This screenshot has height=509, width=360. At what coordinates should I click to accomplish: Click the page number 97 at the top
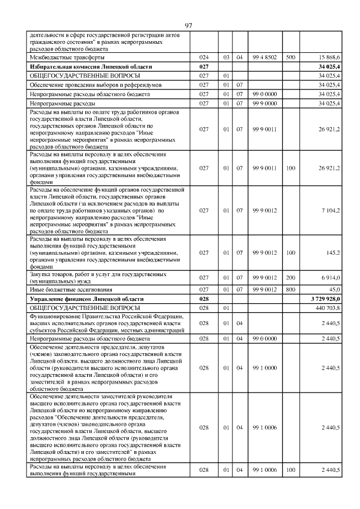pyautogui.click(x=188, y=25)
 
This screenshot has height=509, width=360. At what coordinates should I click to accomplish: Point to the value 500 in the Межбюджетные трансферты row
pyautogui.click(x=290, y=57)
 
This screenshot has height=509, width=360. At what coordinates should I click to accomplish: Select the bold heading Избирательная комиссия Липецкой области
pyautogui.click(x=83, y=66)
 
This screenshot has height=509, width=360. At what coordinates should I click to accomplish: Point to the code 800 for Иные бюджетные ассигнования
pyautogui.click(x=290, y=289)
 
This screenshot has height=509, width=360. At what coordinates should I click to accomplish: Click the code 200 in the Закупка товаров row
pyautogui.click(x=290, y=277)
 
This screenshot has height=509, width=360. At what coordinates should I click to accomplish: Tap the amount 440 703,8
pyautogui.click(x=328, y=308)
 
